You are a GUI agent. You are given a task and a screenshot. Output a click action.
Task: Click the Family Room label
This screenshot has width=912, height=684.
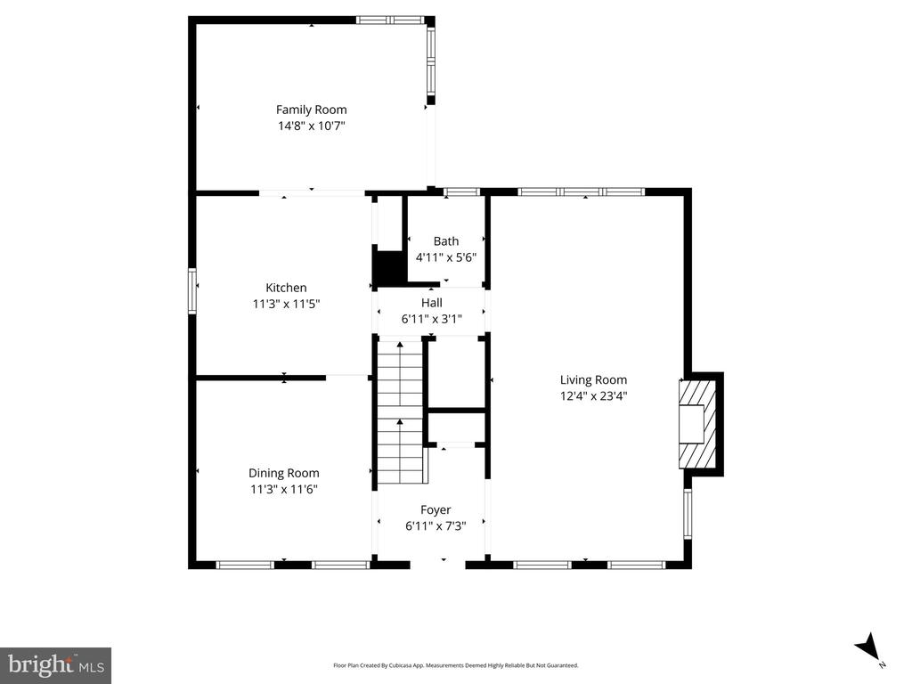[311, 110]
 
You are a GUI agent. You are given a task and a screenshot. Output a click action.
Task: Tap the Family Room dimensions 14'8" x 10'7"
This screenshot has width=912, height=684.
[312, 126]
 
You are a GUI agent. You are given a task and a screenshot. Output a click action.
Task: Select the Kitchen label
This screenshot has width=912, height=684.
[286, 288]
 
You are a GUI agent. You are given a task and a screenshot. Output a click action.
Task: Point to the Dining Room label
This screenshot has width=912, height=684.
[284, 473]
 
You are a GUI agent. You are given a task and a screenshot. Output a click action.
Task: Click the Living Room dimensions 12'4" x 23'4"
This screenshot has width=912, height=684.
[593, 396]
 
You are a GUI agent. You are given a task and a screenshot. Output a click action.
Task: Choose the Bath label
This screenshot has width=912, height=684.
[446, 240]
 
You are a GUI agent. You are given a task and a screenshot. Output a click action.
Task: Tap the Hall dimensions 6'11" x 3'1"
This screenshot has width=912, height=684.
[432, 319]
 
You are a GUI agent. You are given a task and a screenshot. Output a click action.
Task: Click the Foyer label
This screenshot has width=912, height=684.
[436, 509]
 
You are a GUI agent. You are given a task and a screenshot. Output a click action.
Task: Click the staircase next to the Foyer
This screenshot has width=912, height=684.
[400, 411]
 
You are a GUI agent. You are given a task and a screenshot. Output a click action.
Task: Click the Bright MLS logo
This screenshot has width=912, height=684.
[56, 665]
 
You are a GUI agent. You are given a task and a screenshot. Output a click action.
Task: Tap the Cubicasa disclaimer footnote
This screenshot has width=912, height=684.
[455, 665]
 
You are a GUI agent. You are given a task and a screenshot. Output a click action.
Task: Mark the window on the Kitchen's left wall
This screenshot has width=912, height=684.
[192, 291]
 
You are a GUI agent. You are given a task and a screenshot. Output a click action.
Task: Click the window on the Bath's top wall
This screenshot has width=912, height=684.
[462, 191]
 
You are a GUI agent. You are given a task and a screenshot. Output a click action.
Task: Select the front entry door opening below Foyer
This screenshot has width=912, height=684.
[438, 563]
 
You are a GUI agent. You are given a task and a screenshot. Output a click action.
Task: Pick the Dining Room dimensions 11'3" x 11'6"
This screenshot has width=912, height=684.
[284, 489]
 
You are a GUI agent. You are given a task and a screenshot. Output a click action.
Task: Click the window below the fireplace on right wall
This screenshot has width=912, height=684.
[688, 514]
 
